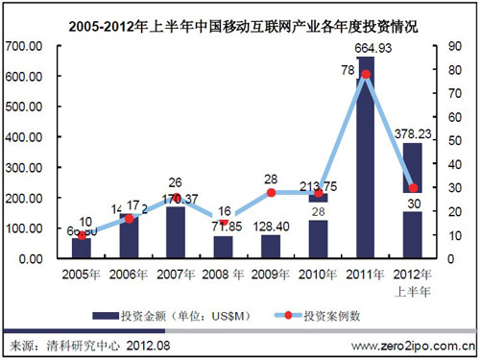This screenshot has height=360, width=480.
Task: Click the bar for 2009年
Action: click(x=271, y=247)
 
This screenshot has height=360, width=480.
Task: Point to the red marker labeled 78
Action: click(x=366, y=74)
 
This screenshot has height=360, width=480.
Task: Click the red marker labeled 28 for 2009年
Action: click(x=271, y=192)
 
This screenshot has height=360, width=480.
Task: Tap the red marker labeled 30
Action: click(x=413, y=188)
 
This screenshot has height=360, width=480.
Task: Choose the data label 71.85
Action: click(x=223, y=225)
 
